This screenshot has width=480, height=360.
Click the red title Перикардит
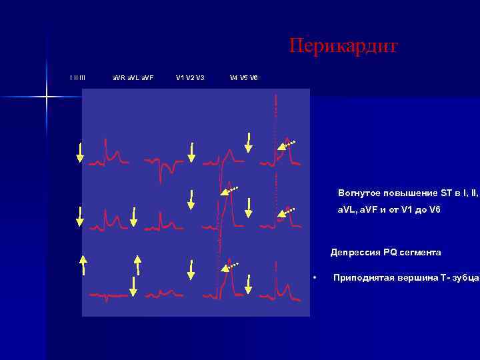pyautogui.click(x=343, y=46)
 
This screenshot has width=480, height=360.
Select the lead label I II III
pyautogui.click(x=78, y=78)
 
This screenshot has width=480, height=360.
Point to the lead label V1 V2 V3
pyautogui.click(x=190, y=78)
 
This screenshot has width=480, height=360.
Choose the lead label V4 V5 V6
pyautogui.click(x=244, y=78)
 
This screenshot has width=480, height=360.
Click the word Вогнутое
pyautogui.click(x=358, y=193)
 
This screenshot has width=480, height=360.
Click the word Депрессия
pyautogui.click(x=355, y=253)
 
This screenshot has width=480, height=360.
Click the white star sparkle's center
pyautogui.click(x=47, y=97)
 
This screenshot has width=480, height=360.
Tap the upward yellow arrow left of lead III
pyautogui.click(x=84, y=265)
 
